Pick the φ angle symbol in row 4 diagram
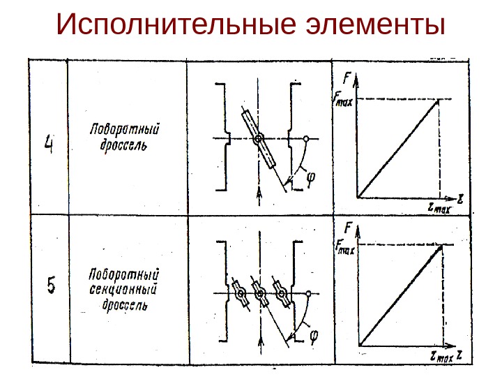(310, 179)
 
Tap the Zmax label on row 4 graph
(439, 207)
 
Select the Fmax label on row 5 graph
(345, 246)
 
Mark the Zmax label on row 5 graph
(441, 356)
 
